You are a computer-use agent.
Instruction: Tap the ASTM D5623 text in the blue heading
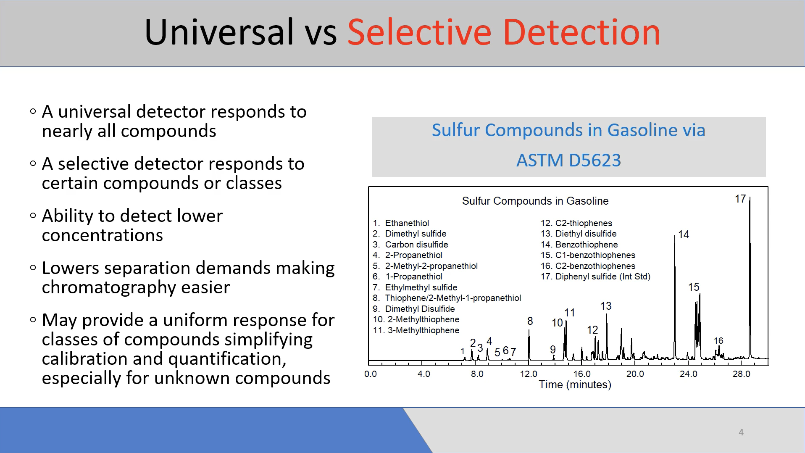(568, 160)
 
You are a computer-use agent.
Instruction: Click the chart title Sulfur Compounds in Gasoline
(535, 201)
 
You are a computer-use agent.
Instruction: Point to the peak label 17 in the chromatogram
(740, 199)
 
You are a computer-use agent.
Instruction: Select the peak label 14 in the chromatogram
(684, 234)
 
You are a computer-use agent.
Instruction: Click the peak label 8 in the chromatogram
(530, 321)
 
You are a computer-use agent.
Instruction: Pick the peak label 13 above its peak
(606, 306)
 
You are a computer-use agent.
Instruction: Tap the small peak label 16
(718, 340)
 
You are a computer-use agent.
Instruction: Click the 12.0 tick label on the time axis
(529, 374)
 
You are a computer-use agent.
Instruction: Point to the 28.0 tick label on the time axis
(741, 374)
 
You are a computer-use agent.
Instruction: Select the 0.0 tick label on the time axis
(371, 374)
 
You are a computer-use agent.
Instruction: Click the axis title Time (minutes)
(575, 385)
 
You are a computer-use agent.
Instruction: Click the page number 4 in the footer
(741, 432)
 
